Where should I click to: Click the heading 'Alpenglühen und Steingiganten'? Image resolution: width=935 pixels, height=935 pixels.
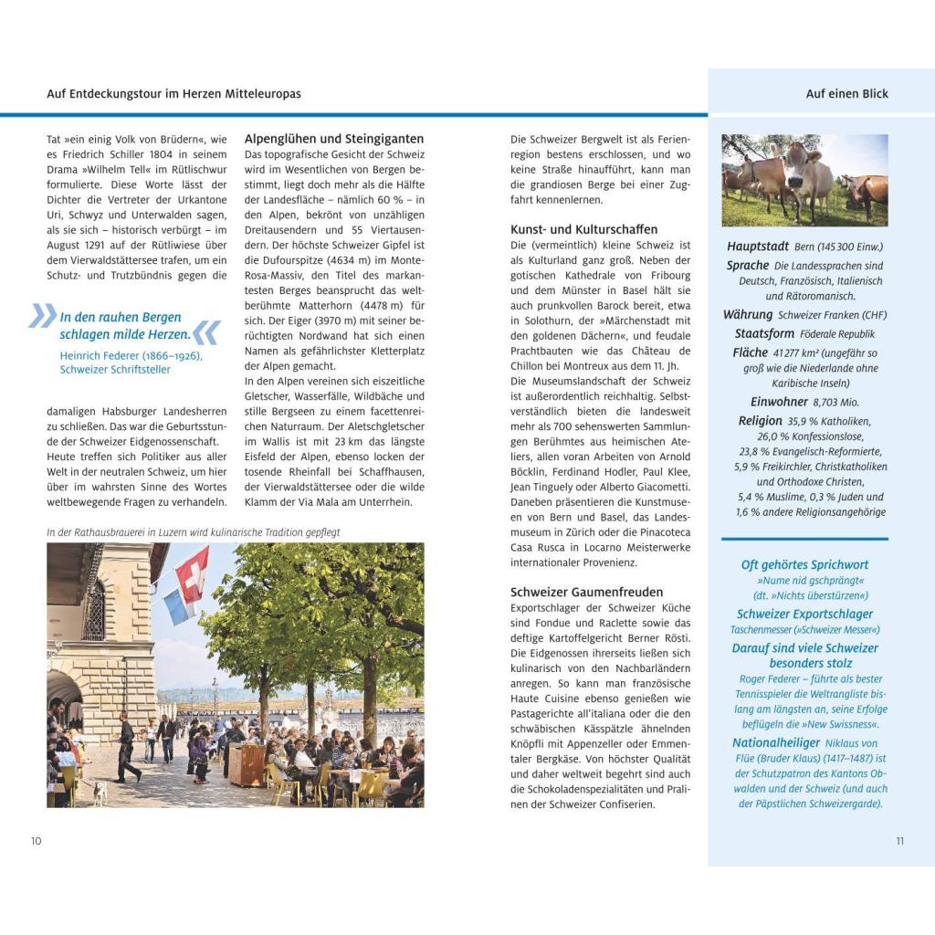334,139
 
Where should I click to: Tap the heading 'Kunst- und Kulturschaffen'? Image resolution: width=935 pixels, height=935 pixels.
583,229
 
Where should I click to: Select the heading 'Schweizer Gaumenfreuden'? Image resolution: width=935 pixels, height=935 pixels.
587,592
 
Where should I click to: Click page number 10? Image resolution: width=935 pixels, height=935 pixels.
37,841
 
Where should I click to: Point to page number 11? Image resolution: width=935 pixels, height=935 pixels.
899,841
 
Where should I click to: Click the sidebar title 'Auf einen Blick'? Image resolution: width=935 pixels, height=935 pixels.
846,93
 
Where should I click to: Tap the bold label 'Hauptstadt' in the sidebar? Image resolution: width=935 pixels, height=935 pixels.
758,247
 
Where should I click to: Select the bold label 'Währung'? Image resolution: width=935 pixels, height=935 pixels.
748,315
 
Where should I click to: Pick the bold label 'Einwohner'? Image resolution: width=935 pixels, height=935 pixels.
779,402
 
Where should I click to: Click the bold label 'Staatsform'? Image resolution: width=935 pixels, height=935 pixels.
764,334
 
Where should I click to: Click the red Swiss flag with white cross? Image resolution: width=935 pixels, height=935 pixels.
193,573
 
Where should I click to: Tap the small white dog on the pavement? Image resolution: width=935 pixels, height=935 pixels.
100,793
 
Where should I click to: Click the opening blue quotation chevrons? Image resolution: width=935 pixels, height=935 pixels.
42,316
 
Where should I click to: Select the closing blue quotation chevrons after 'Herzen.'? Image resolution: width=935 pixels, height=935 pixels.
206,332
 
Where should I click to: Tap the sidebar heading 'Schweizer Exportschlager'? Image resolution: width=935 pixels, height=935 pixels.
804,615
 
